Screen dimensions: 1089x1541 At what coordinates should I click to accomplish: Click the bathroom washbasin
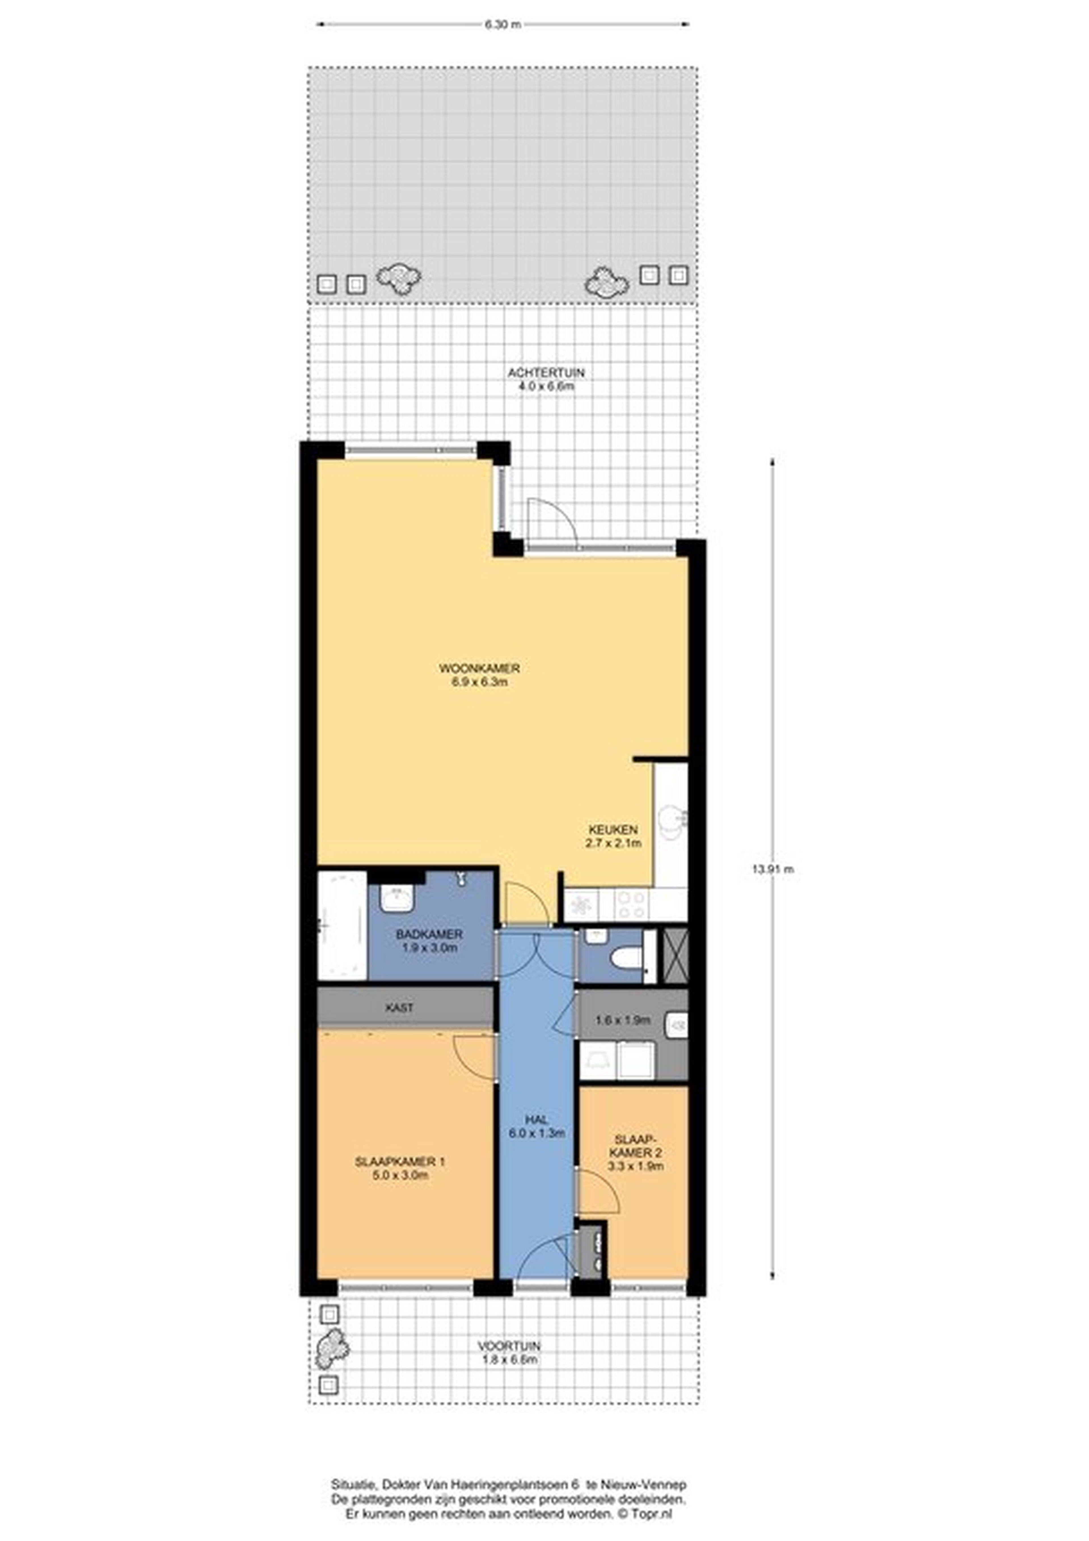coord(397,898)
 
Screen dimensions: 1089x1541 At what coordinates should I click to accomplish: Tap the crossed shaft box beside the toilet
coord(675,955)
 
